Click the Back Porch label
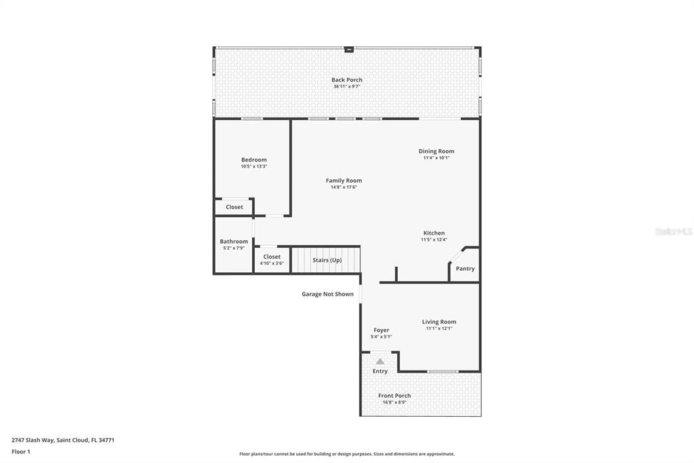tap(346, 80)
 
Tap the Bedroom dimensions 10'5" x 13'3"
tap(253, 166)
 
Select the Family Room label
tap(344, 181)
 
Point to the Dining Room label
tap(436, 151)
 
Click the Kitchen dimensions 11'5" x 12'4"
tap(434, 240)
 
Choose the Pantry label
tap(465, 269)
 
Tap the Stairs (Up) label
tap(327, 260)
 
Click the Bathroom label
tap(234, 242)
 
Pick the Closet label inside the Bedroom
tap(234, 207)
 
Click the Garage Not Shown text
tap(327, 295)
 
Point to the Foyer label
tap(381, 330)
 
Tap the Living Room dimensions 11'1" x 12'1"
tap(439, 329)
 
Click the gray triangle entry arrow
tap(380, 362)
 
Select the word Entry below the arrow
tap(380, 371)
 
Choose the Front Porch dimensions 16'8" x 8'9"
tap(394, 403)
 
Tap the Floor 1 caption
tap(21, 451)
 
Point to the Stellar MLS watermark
tap(673, 231)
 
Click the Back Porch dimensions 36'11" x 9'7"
tap(346, 87)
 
